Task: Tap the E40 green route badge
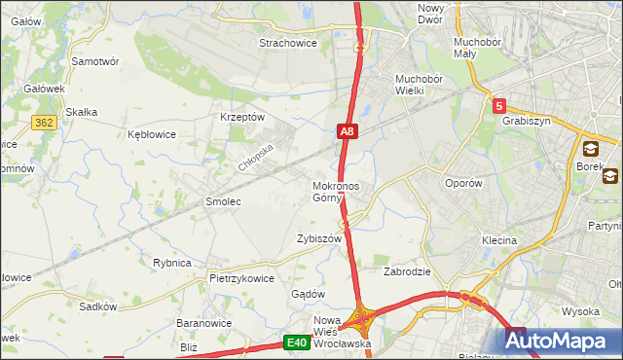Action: (297, 342)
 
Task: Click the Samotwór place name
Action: (95, 60)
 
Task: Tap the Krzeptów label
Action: (242, 117)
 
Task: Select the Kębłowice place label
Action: (152, 134)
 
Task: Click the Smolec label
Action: (222, 201)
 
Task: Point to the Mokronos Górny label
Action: (336, 192)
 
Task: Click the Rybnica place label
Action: (171, 263)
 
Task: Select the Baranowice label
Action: (202, 322)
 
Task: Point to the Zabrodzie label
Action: (407, 271)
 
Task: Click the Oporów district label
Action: (462, 183)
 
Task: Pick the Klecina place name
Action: (498, 239)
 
